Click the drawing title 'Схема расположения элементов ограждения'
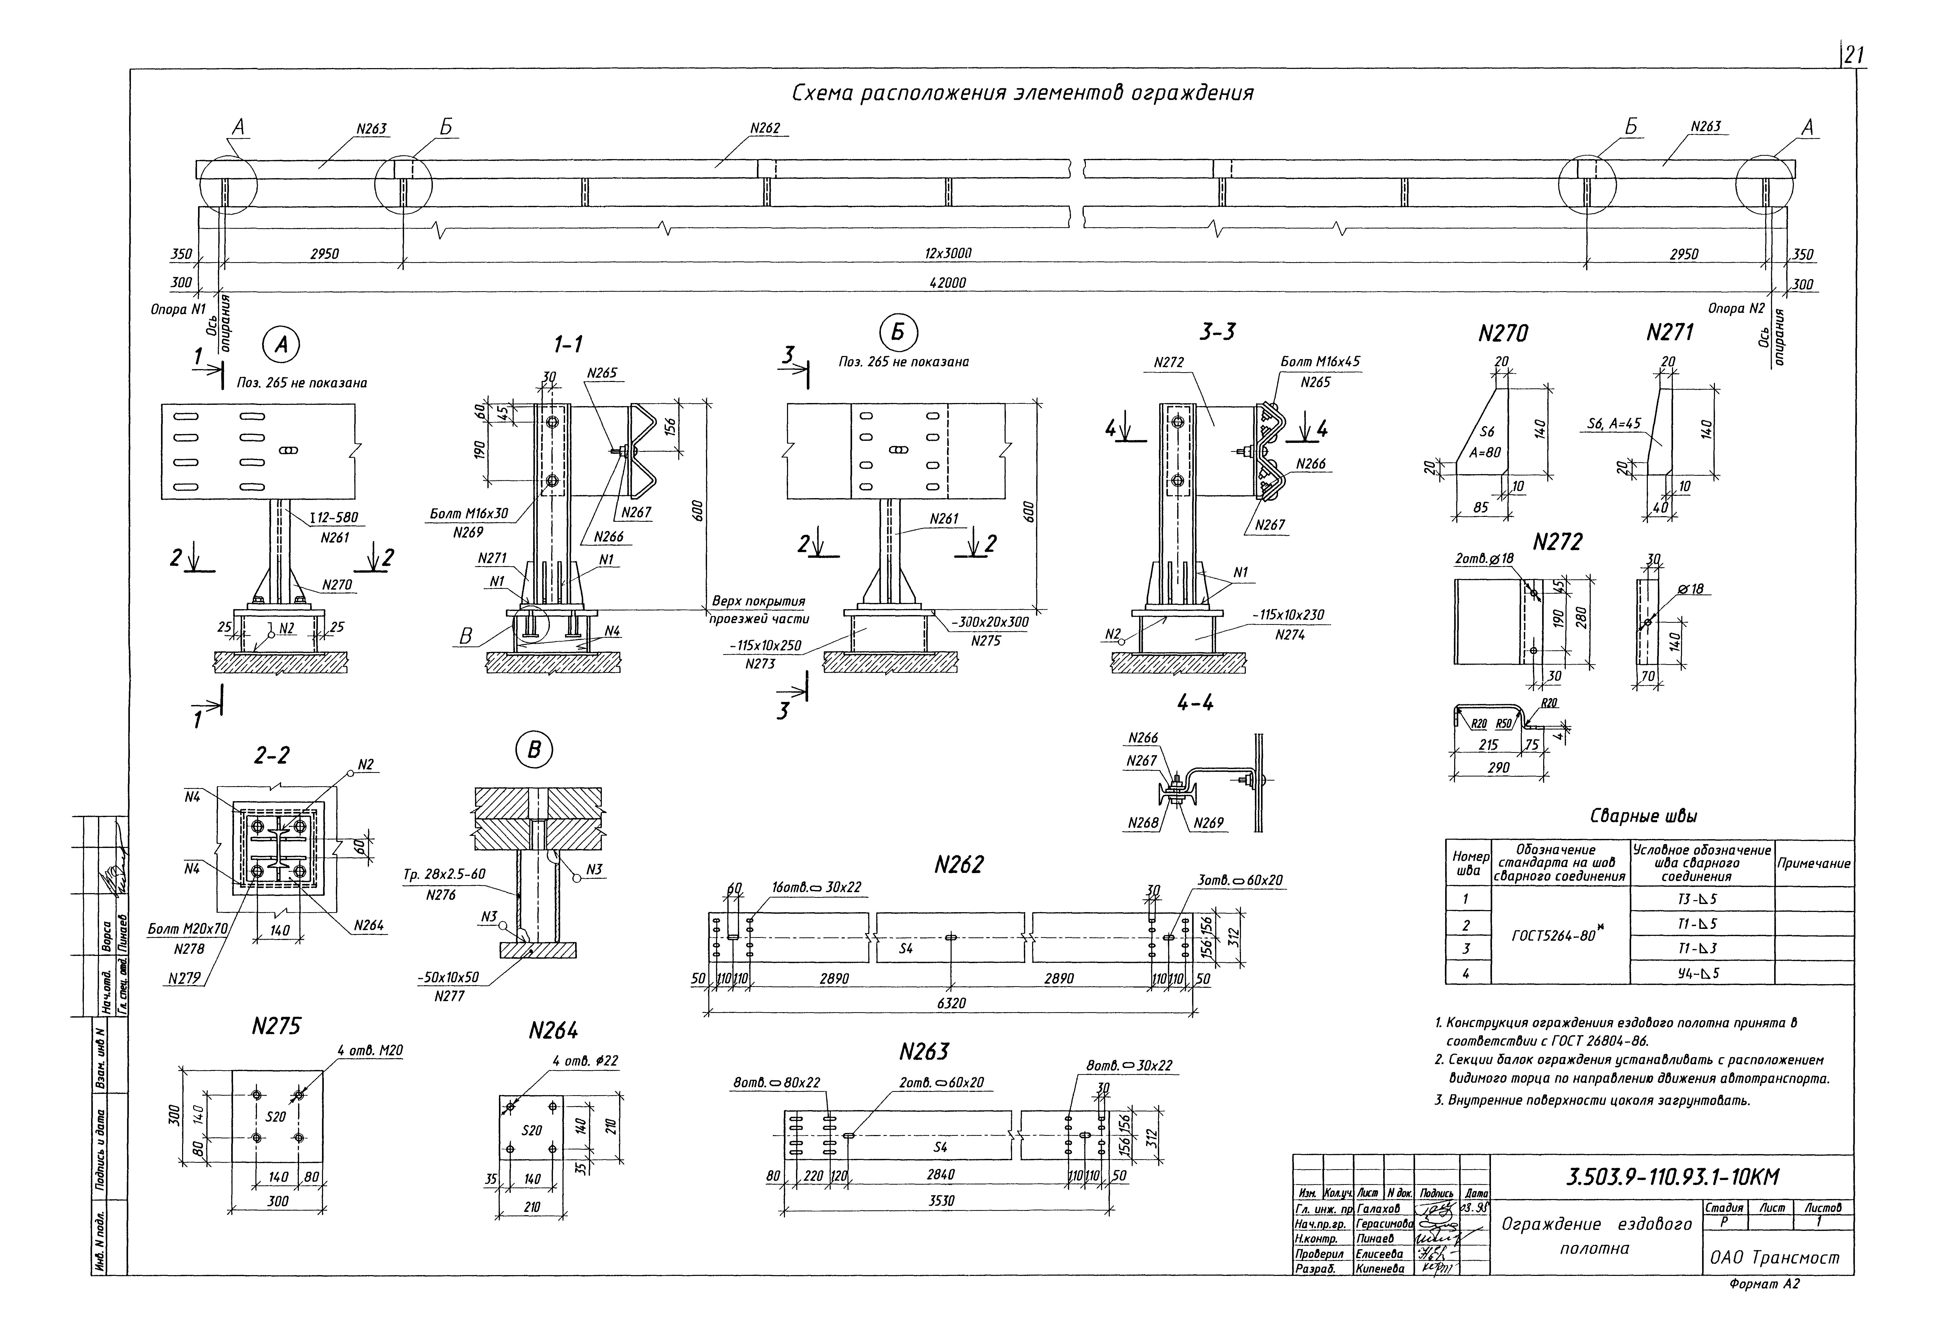pyautogui.click(x=1022, y=94)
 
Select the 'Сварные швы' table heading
pyautogui.click(x=1643, y=816)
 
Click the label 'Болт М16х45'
pyautogui.click(x=1320, y=361)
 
